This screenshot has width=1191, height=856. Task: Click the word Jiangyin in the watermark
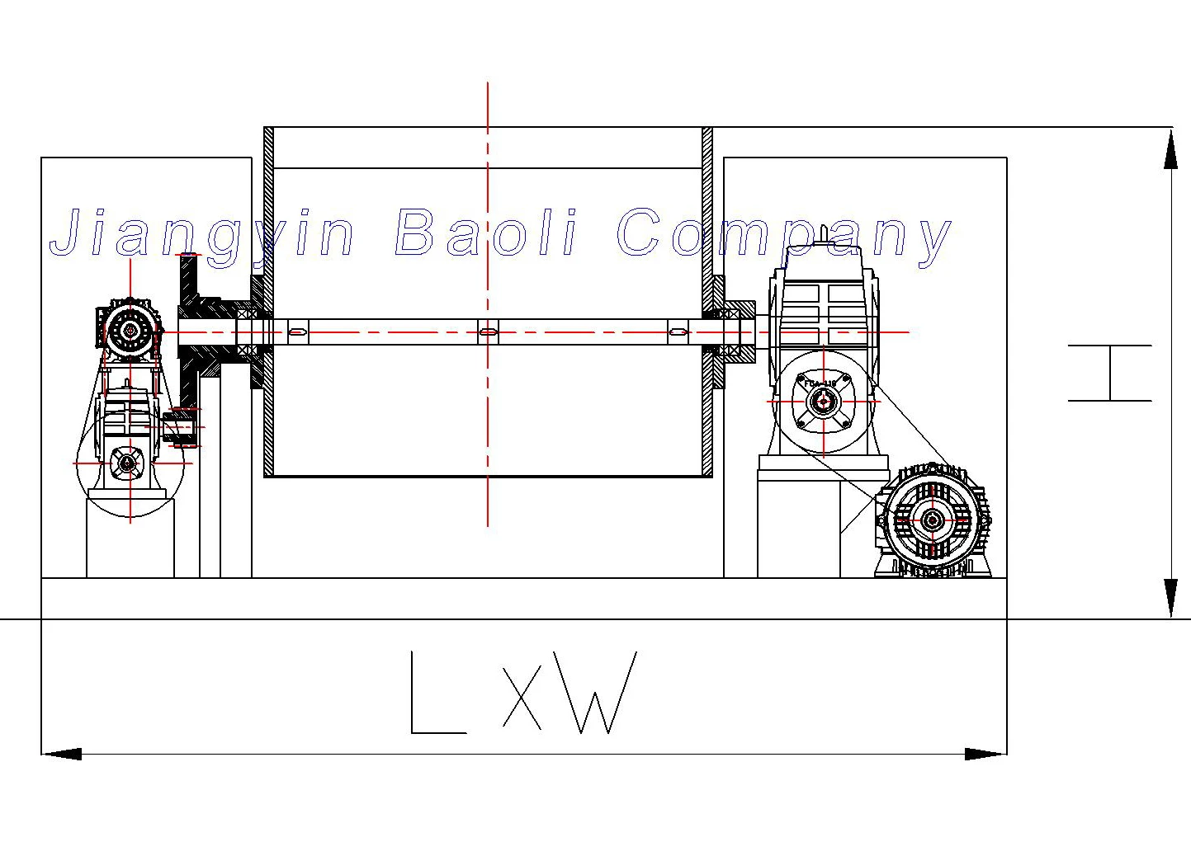point(202,234)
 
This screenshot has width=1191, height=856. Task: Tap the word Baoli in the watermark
point(486,233)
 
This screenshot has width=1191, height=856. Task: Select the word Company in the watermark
point(783,234)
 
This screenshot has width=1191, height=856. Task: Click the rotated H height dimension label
point(1110,373)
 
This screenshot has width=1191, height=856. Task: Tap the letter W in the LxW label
point(594,693)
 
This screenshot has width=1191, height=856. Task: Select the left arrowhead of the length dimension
point(62,754)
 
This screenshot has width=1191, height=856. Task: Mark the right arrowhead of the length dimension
point(986,754)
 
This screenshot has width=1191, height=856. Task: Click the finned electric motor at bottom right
point(933,520)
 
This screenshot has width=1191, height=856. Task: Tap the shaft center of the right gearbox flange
point(823,402)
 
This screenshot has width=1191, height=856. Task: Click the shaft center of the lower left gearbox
point(128,463)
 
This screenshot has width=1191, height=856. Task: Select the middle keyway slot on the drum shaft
point(488,332)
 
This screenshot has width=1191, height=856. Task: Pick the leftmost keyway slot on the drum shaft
point(298,332)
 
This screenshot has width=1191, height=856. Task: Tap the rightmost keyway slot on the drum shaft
point(678,332)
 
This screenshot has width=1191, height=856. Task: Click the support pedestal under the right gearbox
point(798,528)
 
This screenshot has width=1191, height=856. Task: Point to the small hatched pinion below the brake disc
point(179,428)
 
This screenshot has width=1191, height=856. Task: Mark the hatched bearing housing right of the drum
point(735,332)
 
